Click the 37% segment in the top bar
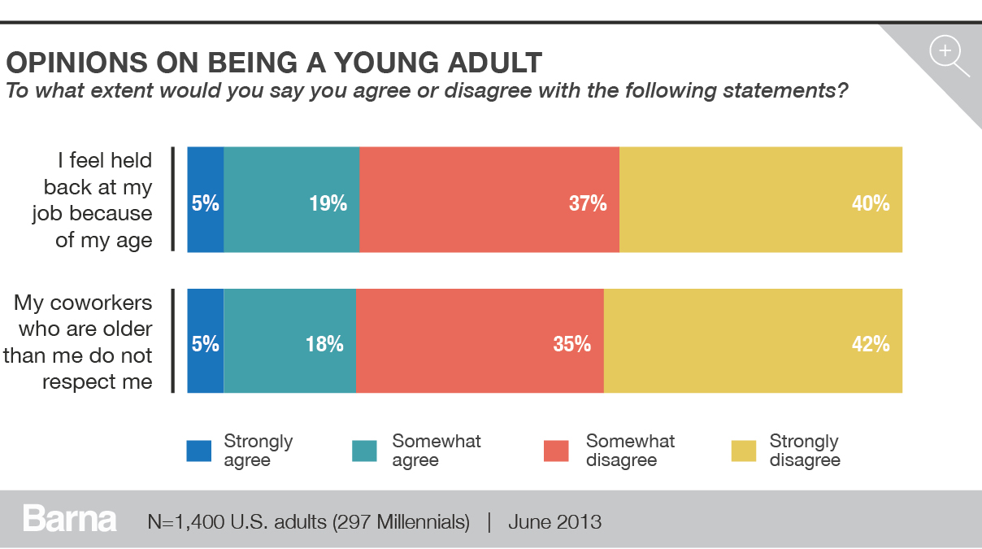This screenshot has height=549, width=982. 489,199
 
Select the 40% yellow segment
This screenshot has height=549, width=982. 760,199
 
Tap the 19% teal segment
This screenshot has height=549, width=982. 291,199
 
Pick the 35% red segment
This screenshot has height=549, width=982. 480,341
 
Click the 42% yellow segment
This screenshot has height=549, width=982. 753,341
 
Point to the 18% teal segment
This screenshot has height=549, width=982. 289,341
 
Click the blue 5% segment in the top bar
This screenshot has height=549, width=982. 205,199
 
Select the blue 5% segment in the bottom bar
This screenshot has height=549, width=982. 205,341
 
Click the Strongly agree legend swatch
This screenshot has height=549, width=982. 199,451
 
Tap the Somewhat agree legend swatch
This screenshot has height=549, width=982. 364,451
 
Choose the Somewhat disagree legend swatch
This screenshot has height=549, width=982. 557,451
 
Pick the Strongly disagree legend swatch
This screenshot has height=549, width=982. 744,451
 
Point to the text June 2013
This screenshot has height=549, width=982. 554,521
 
